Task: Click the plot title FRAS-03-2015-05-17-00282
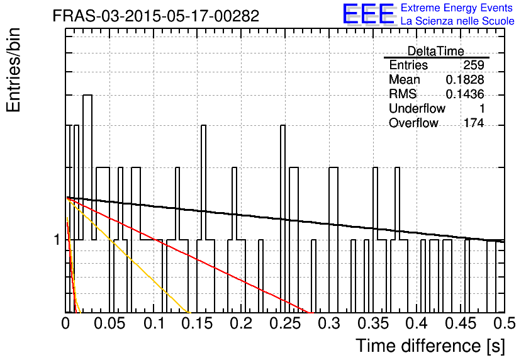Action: [156, 16]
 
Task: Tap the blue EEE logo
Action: [368, 14]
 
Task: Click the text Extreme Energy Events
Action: [457, 8]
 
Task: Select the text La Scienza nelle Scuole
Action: [457, 21]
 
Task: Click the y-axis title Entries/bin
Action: [13, 70]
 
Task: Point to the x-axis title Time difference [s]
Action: [430, 346]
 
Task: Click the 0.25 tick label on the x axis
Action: [285, 323]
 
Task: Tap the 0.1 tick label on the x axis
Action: [154, 323]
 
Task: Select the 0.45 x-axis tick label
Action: [461, 323]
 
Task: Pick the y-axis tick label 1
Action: [57, 240]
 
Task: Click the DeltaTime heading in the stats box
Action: [436, 51]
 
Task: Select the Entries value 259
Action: [474, 65]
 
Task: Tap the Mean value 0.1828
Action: [465, 79]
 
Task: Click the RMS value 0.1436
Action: [465, 94]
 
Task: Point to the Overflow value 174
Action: [474, 123]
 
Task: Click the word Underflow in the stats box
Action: [417, 108]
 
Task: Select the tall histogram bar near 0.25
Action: [283, 219]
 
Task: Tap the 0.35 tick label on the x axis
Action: [373, 323]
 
